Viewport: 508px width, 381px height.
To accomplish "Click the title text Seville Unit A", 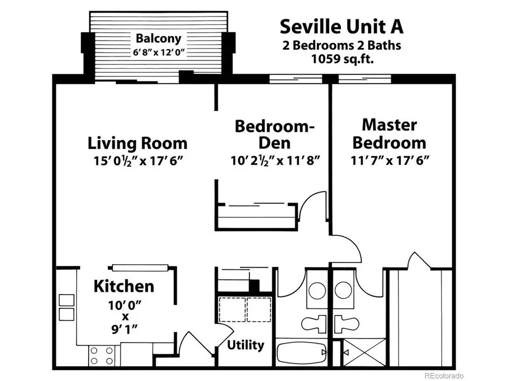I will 341,26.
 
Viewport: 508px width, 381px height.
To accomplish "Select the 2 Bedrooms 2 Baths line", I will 342,45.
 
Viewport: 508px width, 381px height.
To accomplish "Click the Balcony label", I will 158,39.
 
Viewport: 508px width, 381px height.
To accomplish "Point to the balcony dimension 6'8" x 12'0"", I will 158,53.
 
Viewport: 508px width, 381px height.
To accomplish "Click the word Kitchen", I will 123,286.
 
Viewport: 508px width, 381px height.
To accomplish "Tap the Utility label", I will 246,344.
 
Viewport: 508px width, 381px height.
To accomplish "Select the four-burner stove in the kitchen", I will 102,356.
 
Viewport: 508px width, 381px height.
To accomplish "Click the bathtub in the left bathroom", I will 302,353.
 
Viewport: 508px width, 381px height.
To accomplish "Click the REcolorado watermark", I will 444,375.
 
